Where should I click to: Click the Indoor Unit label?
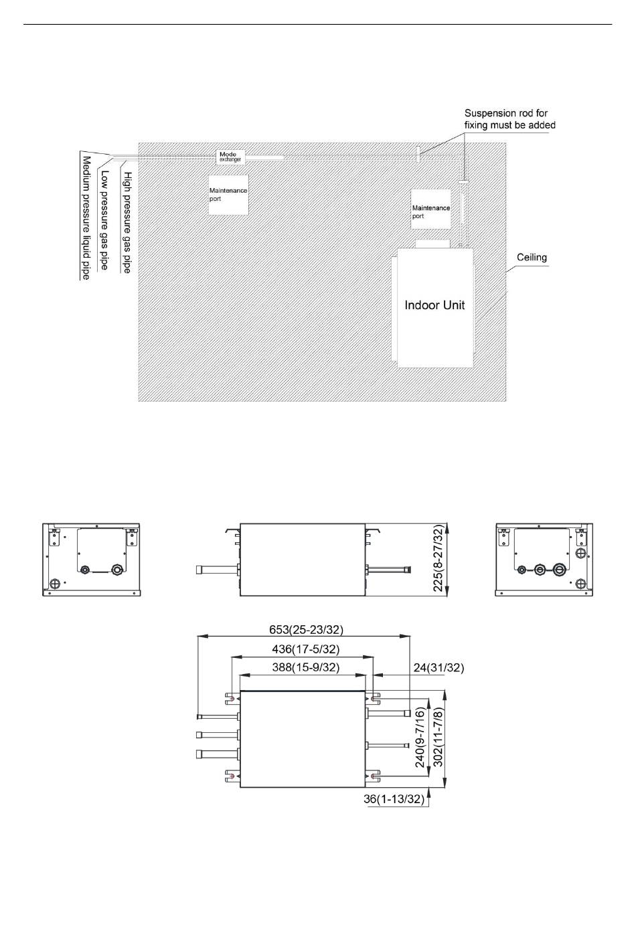pyautogui.click(x=434, y=305)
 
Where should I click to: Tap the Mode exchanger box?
pyautogui.click(x=230, y=157)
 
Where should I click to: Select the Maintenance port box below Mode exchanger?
pyautogui.click(x=228, y=195)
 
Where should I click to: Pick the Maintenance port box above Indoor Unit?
pyautogui.click(x=431, y=209)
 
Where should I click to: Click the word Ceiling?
pyautogui.click(x=532, y=257)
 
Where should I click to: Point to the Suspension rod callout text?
pyautogui.click(x=510, y=119)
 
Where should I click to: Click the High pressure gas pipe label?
pyautogui.click(x=127, y=222)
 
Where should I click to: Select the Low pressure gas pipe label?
pyautogui.click(x=104, y=220)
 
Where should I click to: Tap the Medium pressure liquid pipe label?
pyautogui.click(x=86, y=218)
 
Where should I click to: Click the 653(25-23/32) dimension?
pyautogui.click(x=306, y=629)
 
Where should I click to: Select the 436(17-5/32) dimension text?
pyautogui.click(x=306, y=649)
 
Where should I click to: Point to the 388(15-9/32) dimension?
pyautogui.click(x=306, y=667)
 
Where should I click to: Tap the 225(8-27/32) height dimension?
pyautogui.click(x=438, y=558)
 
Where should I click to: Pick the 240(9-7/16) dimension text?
pyautogui.click(x=420, y=737)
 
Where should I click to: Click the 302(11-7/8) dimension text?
pyautogui.click(x=438, y=737)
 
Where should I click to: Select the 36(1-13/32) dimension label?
pyautogui.click(x=394, y=799)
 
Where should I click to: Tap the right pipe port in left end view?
pyautogui.click(x=116, y=569)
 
